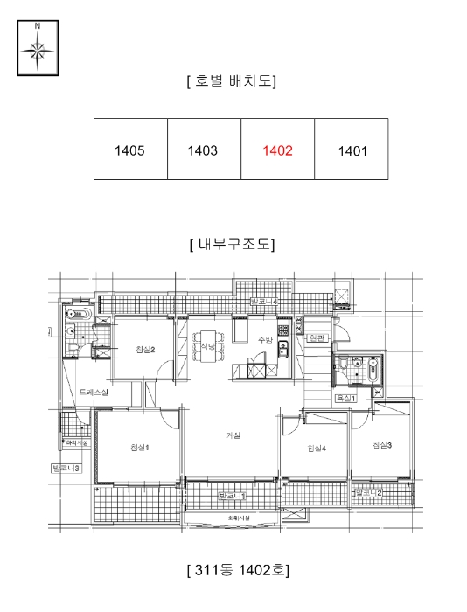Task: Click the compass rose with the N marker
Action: (x=38, y=49)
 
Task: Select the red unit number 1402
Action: (x=277, y=150)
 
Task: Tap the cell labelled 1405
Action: (x=129, y=150)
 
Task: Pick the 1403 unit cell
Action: (x=203, y=150)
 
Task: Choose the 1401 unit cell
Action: (x=352, y=150)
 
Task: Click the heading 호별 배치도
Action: (x=232, y=81)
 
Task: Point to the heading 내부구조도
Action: (x=232, y=244)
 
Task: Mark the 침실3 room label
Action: (x=381, y=445)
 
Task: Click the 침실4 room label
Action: (x=317, y=449)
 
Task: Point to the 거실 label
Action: (x=233, y=435)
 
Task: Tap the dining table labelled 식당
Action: (x=208, y=347)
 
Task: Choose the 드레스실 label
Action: (x=93, y=393)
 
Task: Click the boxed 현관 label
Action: (x=316, y=337)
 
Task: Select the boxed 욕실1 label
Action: (x=346, y=399)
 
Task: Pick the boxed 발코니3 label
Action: (x=66, y=469)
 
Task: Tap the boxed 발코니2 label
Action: (x=368, y=493)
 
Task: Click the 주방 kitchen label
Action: (x=265, y=339)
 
